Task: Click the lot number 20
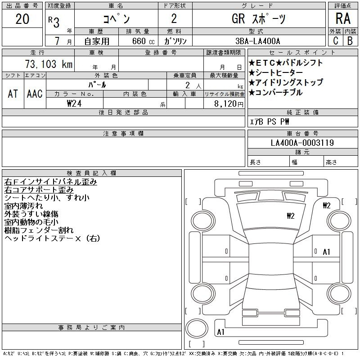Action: click(22, 19)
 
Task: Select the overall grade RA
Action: click(343, 18)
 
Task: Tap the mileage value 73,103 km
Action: click(49, 64)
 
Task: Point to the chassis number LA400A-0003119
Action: click(302, 143)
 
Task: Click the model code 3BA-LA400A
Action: click(257, 41)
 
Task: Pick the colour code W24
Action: click(74, 103)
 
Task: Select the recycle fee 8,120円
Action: click(229, 104)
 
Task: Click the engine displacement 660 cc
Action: click(143, 41)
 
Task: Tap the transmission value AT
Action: click(13, 94)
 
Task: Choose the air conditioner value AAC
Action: click(35, 94)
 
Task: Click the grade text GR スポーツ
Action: click(258, 19)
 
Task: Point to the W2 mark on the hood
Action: click(290, 216)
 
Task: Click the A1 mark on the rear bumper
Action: click(220, 332)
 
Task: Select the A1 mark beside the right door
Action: click(326, 252)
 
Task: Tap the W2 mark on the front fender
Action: click(327, 205)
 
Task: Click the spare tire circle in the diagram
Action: click(197, 328)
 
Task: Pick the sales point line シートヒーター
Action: click(276, 73)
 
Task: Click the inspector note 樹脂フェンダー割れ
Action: click(39, 230)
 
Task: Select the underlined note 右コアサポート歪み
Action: click(39, 189)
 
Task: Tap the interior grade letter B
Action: click(350, 41)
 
